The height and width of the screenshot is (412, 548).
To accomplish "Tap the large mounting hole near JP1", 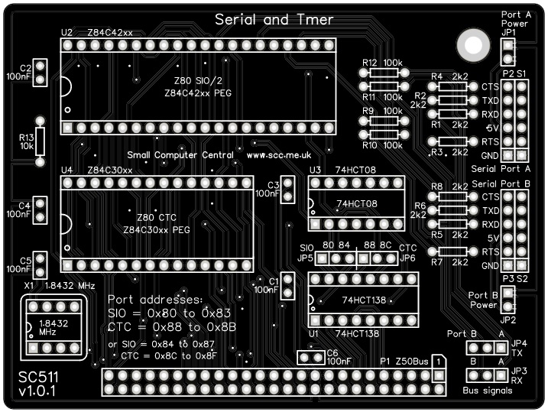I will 472,47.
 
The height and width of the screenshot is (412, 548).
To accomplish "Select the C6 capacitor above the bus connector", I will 310,357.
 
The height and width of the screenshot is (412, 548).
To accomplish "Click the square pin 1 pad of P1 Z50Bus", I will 438,375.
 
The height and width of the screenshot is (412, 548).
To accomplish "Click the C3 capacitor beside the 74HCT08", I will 288,190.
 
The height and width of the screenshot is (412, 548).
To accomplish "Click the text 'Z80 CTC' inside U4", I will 157,216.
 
